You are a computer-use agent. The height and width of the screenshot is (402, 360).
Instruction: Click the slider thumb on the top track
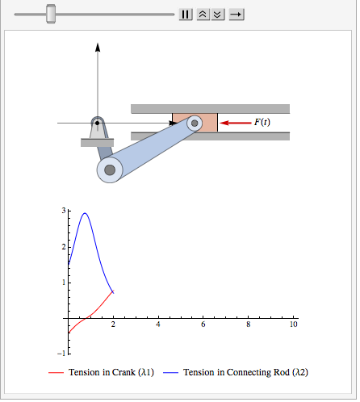coord(51,14)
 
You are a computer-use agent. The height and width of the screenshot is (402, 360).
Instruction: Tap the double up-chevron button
coord(203,15)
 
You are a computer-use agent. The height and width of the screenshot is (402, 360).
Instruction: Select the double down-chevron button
coord(218,15)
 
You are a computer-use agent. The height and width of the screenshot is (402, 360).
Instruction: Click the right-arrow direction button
coord(237,15)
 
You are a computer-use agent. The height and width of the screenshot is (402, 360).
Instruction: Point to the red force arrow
coord(236,123)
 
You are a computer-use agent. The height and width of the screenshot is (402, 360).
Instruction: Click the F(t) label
coord(262,123)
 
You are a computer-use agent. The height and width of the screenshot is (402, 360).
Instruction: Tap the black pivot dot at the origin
coord(98,123)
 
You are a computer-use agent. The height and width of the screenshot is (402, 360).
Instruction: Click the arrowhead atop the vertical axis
coord(98,47)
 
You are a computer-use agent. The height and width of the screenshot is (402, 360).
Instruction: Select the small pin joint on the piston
coord(195,124)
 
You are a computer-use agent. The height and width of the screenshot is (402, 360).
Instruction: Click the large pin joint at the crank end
coord(110,170)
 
